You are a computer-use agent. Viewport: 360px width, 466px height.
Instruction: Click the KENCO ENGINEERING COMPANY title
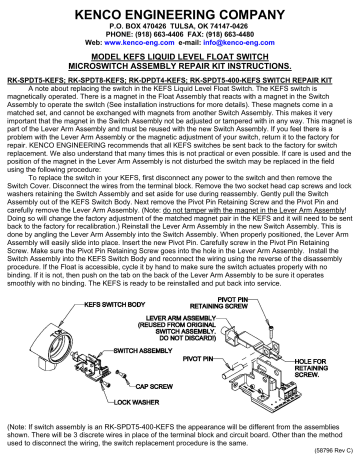[x=180, y=9]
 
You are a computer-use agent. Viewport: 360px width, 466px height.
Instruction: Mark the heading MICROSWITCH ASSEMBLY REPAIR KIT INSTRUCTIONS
[x=180, y=69]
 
